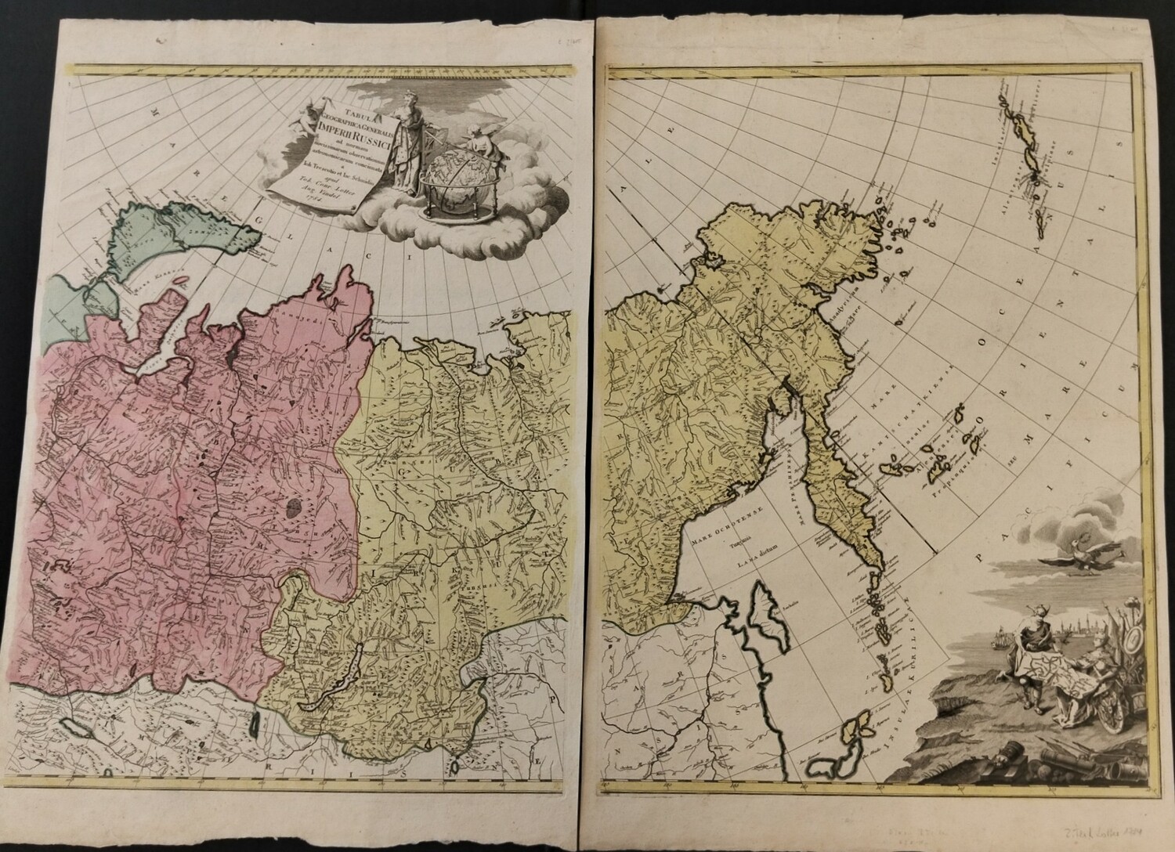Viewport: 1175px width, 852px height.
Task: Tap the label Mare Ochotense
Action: (x=708, y=539)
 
